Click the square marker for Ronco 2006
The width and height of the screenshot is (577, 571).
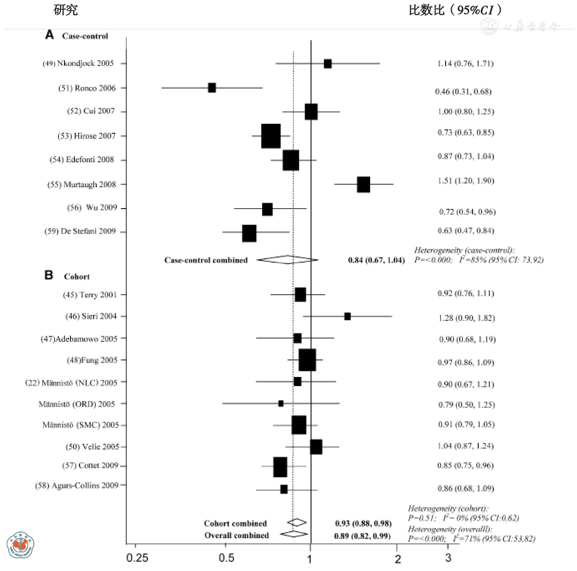pyautogui.click(x=212, y=88)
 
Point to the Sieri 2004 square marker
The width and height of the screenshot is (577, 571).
pyautogui.click(x=347, y=316)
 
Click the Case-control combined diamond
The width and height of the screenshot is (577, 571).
pyautogui.click(x=288, y=260)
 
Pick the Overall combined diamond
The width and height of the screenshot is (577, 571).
pyautogui.click(x=294, y=534)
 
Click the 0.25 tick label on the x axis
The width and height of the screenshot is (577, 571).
pyautogui.click(x=137, y=558)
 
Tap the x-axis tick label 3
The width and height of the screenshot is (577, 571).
pyautogui.click(x=448, y=558)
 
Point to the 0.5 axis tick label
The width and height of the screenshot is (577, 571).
pyautogui.click(x=226, y=558)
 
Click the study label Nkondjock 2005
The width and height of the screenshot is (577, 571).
pyautogui.click(x=78, y=63)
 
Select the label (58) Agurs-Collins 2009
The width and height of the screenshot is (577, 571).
pyautogui.click(x=77, y=486)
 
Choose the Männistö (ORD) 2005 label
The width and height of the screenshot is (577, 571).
pyautogui.click(x=77, y=404)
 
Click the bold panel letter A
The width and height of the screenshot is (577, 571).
pyautogui.click(x=49, y=35)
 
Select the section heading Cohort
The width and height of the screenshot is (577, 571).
pyautogui.click(x=77, y=277)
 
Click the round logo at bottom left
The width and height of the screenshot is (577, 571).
pyautogui.click(x=20, y=545)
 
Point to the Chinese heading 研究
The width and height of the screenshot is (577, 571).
pyautogui.click(x=66, y=10)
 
